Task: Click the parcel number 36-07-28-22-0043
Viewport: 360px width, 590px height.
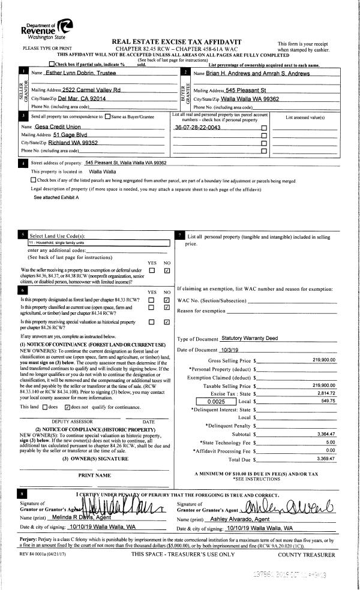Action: pos(194,128)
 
